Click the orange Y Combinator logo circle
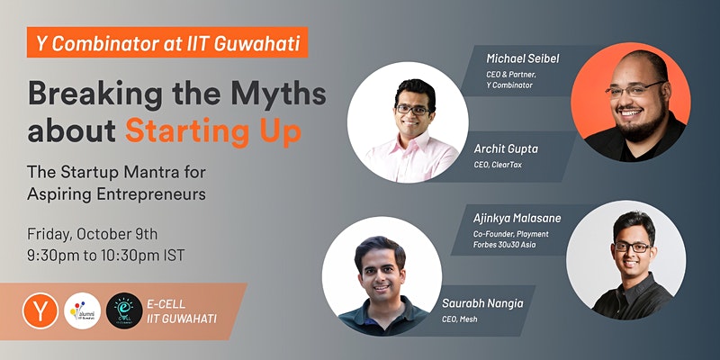[40, 310]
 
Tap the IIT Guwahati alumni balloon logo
[82, 310]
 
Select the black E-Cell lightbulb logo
[124, 310]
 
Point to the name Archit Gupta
[506, 149]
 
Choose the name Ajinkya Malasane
[517, 218]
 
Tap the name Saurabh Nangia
[482, 303]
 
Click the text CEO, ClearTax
[498, 165]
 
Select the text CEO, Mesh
[460, 319]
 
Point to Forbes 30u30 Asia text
[504, 245]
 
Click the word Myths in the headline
[278, 94]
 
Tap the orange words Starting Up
[213, 130]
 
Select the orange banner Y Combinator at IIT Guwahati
[167, 42]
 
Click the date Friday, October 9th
[93, 234]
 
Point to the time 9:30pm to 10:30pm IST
[106, 256]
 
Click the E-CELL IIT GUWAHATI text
[182, 311]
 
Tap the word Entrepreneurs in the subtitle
[151, 194]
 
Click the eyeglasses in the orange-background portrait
[635, 89]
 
